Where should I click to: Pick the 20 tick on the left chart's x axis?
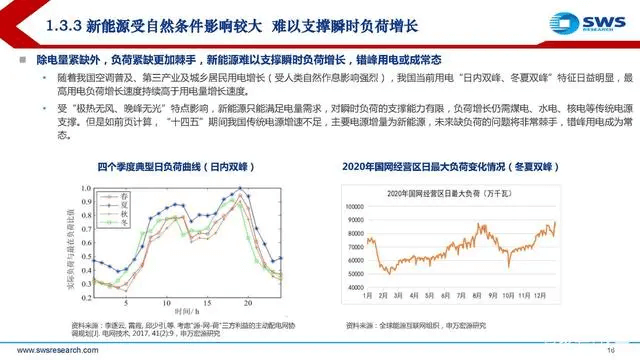pos(244,300)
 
